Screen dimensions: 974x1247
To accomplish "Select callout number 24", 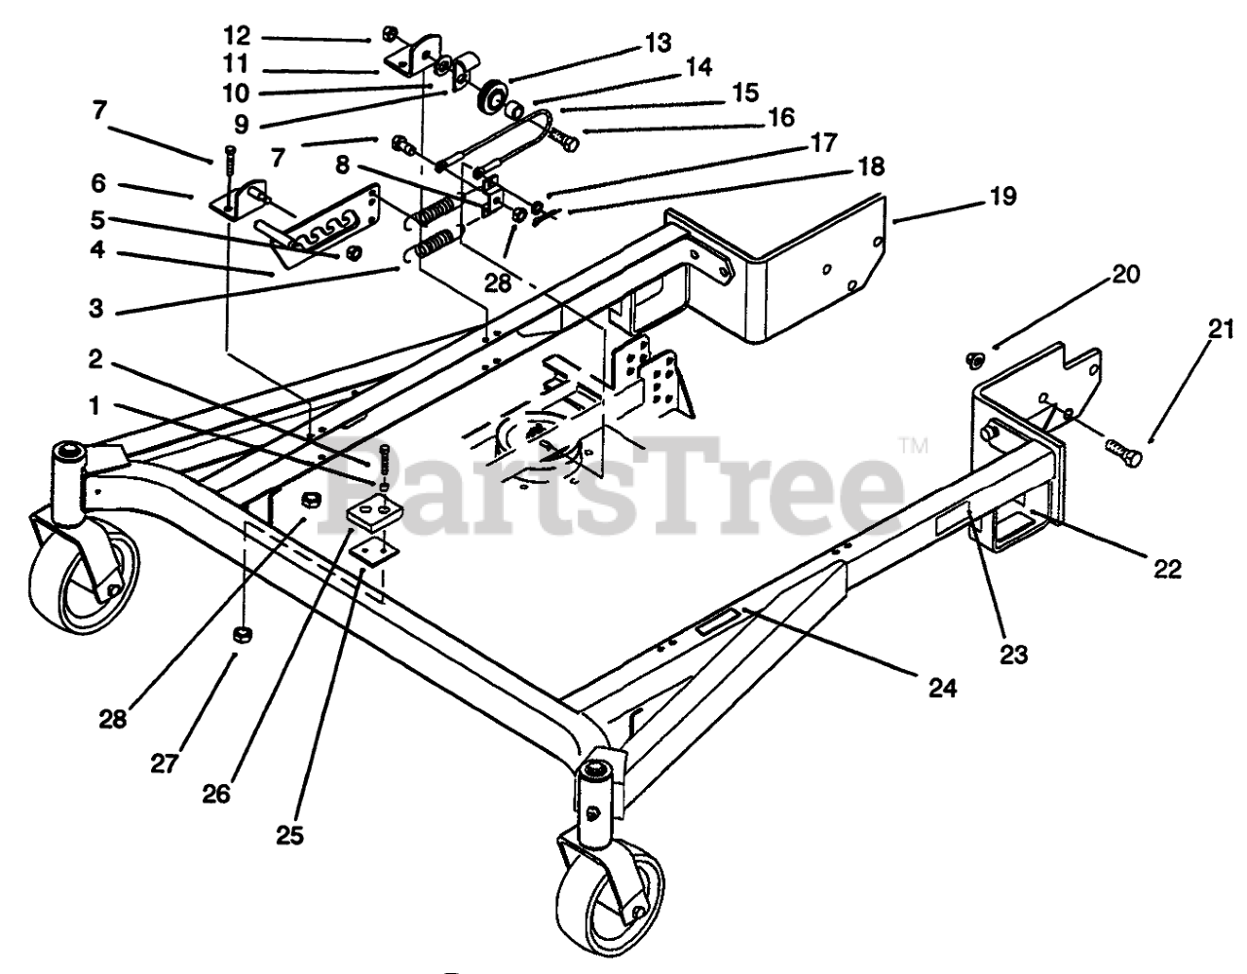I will click(942, 689).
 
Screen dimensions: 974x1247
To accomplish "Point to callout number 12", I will click(237, 36).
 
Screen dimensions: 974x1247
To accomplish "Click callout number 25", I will click(289, 834).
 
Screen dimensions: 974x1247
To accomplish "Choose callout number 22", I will click(1165, 570).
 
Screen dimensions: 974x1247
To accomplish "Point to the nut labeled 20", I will click(971, 360).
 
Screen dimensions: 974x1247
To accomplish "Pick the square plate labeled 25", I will click(371, 552).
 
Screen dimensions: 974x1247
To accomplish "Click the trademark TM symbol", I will click(914, 446).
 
